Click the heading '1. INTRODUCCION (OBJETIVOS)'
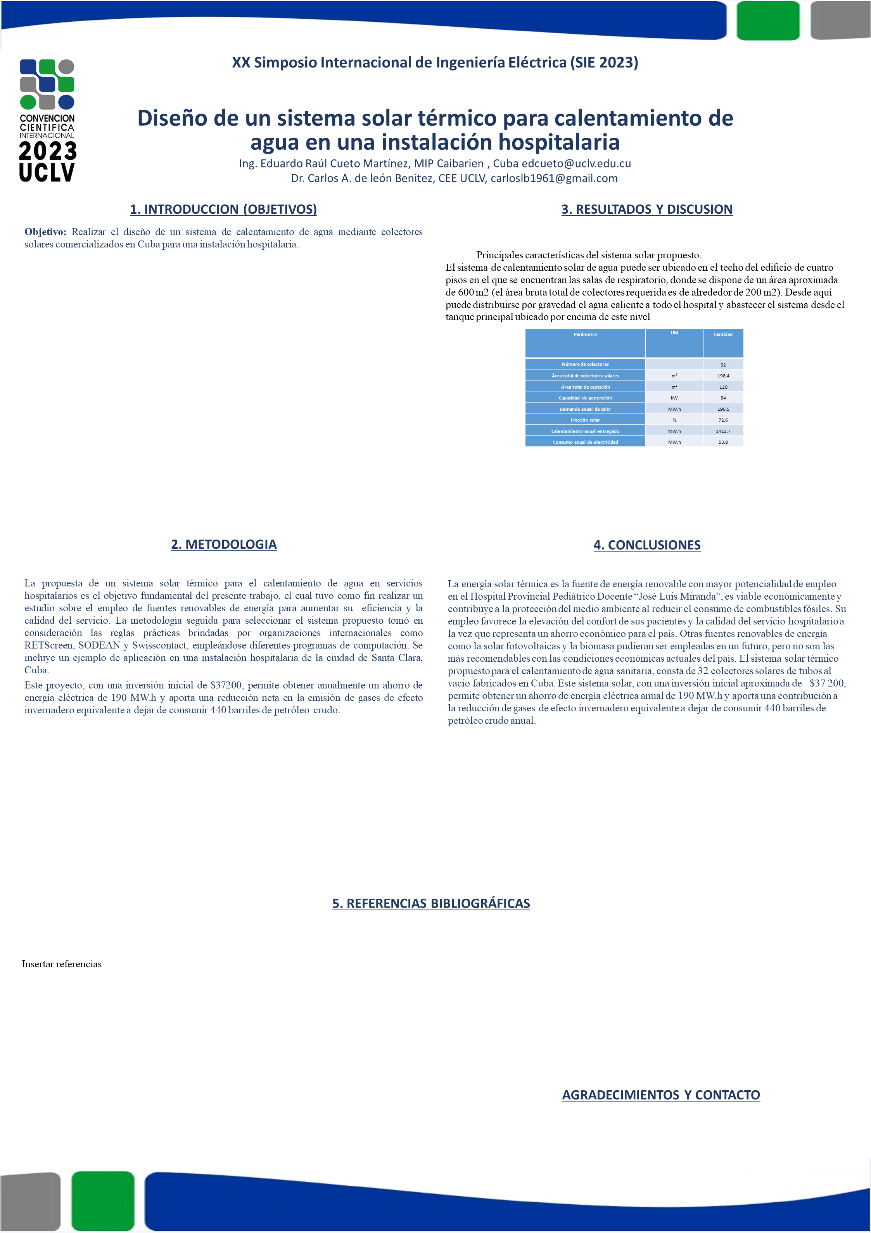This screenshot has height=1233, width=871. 223,209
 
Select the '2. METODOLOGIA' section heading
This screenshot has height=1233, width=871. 223,545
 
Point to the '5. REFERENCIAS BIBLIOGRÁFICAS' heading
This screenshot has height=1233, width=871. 431,903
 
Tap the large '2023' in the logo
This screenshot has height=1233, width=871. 47,151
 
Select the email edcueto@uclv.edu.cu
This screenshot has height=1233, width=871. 576,163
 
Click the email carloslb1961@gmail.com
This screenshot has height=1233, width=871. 554,178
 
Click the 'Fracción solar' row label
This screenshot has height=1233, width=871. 585,420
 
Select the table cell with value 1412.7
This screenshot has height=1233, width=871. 723,431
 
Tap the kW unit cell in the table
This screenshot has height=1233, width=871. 674,398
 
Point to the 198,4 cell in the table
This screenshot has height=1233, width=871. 723,376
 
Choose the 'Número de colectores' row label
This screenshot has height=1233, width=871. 585,364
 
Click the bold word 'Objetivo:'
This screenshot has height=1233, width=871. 45,232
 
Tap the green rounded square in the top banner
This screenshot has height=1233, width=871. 768,21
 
